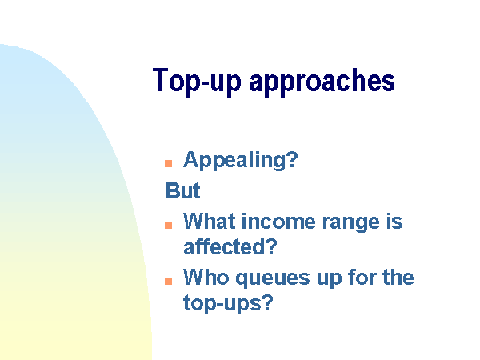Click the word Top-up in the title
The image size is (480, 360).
pyautogui.click(x=197, y=82)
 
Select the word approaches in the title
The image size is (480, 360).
pyautogui.click(x=322, y=82)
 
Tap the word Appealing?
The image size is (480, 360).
pyautogui.click(x=240, y=161)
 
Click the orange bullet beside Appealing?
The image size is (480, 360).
pyautogui.click(x=168, y=163)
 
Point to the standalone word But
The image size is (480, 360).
pyautogui.click(x=182, y=190)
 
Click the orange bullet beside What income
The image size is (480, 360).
pyautogui.click(x=168, y=225)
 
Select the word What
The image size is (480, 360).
pyautogui.click(x=209, y=221)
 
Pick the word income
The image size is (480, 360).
pyautogui.click(x=278, y=222)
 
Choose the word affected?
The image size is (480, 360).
pyautogui.click(x=230, y=246)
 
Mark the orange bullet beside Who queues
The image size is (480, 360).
pyautogui.click(x=168, y=281)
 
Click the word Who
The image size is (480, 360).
pyautogui.click(x=206, y=278)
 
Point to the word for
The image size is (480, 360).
pyautogui.click(x=362, y=278)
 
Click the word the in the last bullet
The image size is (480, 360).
pyautogui.click(x=398, y=278)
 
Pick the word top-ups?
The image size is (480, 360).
pyautogui.click(x=228, y=304)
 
